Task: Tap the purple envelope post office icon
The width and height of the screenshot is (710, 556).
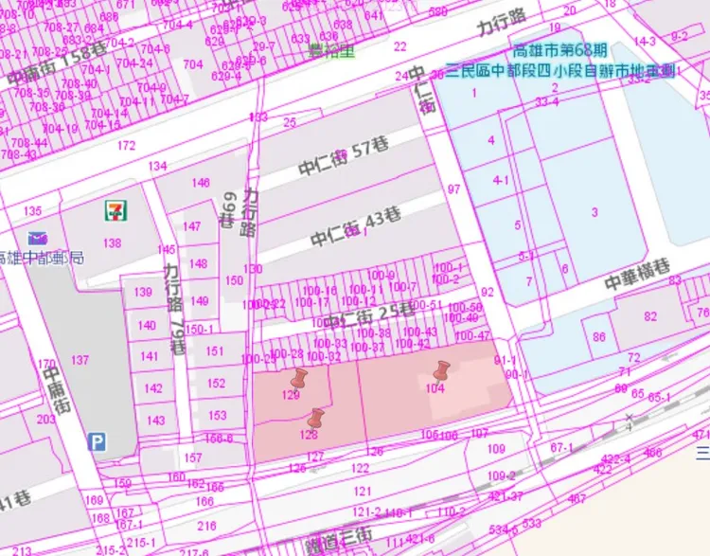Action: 37,239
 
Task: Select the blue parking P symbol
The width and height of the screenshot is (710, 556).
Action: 98,441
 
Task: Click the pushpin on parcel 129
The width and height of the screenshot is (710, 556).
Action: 300,380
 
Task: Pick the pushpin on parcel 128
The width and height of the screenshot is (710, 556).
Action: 316,418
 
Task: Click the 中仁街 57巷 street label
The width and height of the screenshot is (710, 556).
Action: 345,158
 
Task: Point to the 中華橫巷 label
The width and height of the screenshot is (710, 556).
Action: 644,276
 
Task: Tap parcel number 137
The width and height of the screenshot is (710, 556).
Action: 80,360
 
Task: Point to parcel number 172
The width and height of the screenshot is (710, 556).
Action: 126,146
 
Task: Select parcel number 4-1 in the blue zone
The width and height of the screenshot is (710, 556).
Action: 501,180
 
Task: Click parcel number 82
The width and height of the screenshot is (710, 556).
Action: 650,316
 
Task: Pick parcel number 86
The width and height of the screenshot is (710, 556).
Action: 599,337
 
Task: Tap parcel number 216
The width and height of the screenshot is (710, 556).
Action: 206,526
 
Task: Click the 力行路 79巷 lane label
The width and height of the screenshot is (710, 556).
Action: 174,308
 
